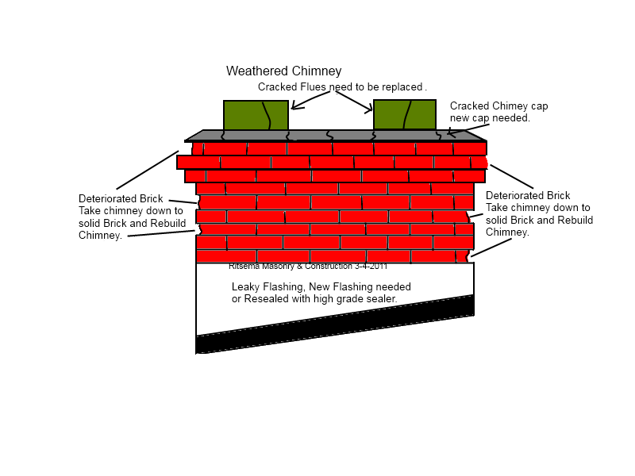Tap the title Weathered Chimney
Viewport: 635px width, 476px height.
pyautogui.click(x=283, y=71)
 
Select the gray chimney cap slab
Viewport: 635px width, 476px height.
pyautogui.click(x=333, y=136)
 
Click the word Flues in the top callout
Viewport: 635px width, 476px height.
pyautogui.click(x=310, y=86)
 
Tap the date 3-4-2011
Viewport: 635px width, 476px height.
pyautogui.click(x=371, y=267)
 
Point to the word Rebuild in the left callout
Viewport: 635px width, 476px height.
pyautogui.click(x=168, y=224)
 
